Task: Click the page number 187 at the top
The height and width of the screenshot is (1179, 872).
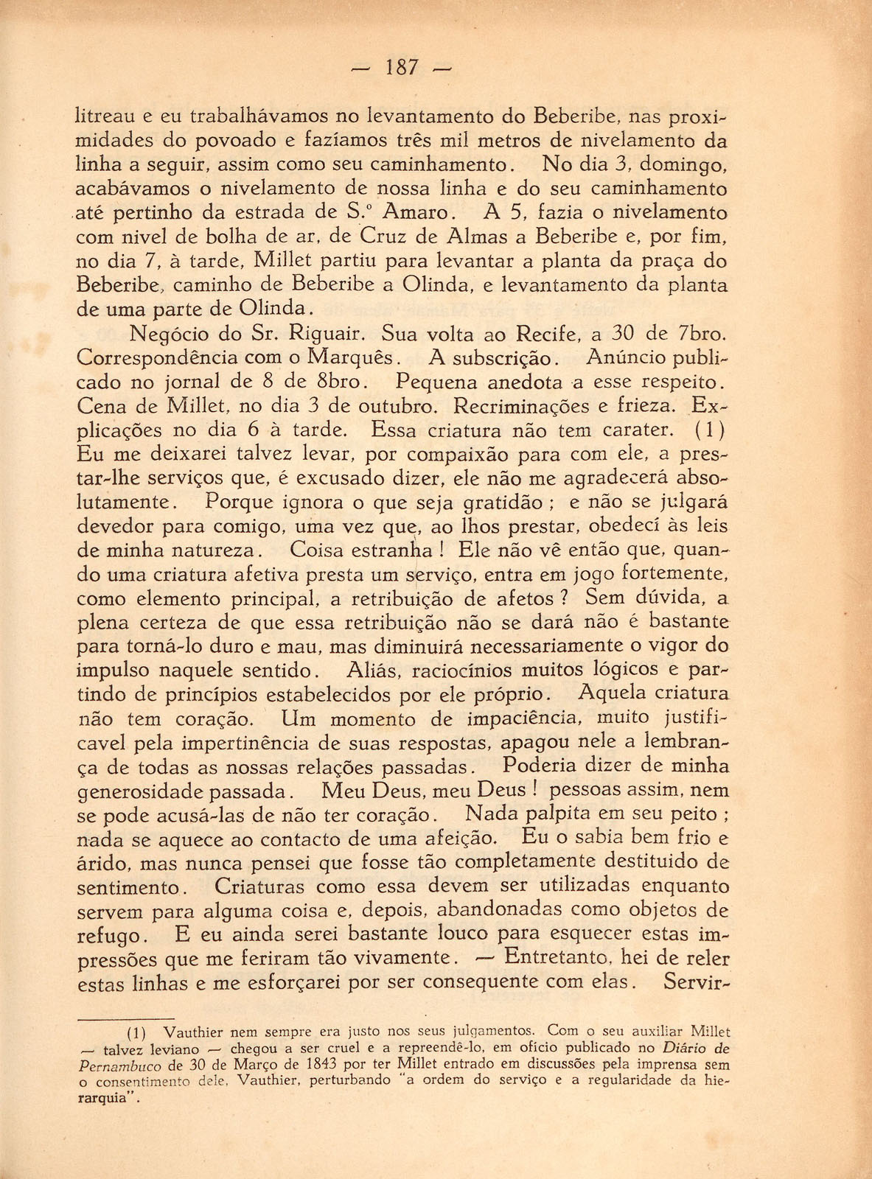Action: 402,69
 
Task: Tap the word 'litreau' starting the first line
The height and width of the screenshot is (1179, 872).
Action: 105,116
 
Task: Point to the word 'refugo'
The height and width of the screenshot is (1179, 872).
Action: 108,937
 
